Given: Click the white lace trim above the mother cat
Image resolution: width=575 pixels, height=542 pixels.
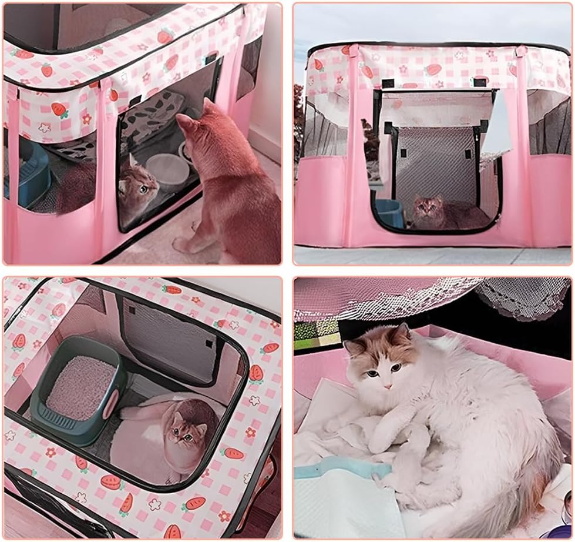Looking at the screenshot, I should [517, 297].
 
